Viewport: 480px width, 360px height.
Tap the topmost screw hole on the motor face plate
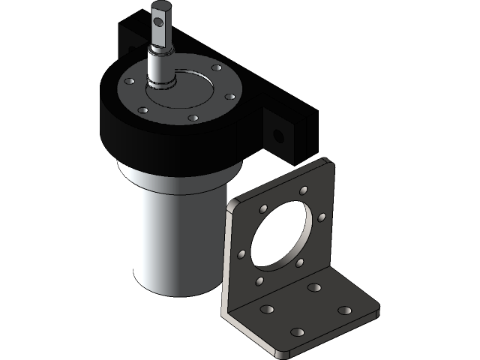coord(217,68)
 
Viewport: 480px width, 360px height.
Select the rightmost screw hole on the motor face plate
coord(230,96)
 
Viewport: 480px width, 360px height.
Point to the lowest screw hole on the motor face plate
coord(193,118)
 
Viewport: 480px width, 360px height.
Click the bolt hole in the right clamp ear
coord(279,135)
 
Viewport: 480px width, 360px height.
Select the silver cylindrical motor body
coord(169,232)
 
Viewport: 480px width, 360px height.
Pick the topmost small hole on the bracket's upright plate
coord(303,190)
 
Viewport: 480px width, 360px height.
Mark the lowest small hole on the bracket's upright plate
coord(259,281)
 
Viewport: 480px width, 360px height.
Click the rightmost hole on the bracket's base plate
coord(343,310)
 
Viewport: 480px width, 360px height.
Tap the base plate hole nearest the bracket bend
coord(313,288)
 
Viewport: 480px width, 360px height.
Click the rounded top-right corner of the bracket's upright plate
coord(325,165)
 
